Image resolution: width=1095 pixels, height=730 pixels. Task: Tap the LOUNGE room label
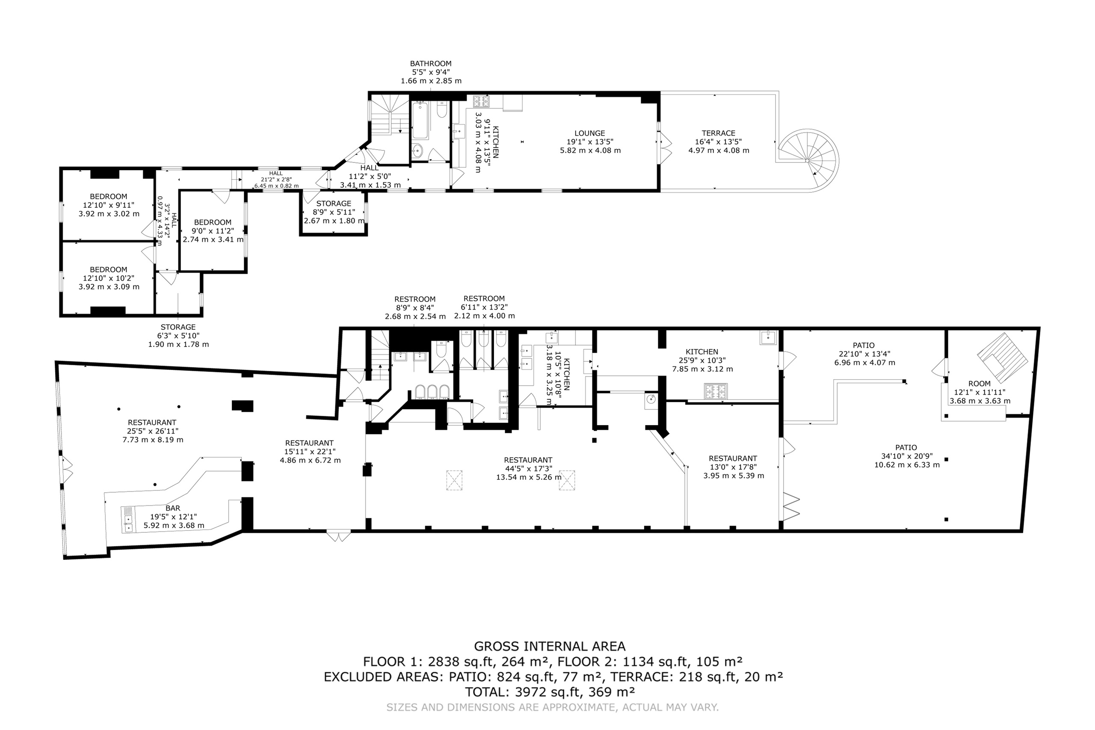589,133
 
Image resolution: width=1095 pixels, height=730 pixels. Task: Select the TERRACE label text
718,133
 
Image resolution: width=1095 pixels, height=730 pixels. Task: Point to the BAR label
173,508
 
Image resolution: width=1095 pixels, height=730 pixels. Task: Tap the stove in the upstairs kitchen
481,101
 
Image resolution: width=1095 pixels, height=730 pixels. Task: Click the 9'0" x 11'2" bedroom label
213,231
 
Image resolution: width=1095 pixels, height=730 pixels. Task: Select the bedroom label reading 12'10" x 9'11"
109,205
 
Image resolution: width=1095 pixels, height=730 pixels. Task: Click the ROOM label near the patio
980,384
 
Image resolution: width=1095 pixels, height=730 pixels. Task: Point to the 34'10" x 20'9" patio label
906,456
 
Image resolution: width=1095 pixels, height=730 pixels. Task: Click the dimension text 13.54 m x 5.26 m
528,477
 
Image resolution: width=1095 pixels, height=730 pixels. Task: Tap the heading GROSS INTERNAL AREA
549,646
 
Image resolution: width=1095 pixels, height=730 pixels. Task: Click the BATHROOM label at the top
431,63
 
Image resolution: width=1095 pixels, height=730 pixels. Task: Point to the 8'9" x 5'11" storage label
334,212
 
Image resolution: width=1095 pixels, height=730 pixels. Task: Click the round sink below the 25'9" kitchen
651,399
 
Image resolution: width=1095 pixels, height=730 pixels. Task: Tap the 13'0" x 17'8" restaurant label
733,467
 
